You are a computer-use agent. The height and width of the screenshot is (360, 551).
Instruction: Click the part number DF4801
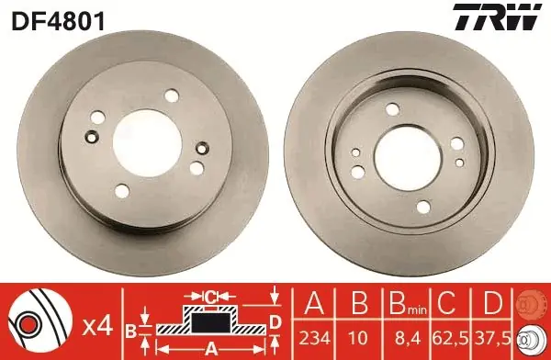click(58, 21)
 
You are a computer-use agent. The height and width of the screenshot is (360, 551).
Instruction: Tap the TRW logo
click(497, 17)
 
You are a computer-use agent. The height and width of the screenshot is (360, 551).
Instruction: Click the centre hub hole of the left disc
click(147, 142)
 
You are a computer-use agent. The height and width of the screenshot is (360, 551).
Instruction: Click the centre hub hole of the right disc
click(407, 157)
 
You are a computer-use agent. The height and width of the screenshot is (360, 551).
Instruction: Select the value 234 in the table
click(314, 338)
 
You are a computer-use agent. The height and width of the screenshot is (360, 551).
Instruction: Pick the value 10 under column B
click(359, 338)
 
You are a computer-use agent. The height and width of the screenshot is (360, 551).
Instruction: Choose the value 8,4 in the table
click(408, 338)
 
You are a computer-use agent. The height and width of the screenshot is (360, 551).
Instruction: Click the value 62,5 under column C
click(452, 338)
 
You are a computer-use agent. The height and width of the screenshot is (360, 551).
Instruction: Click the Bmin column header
click(408, 304)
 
